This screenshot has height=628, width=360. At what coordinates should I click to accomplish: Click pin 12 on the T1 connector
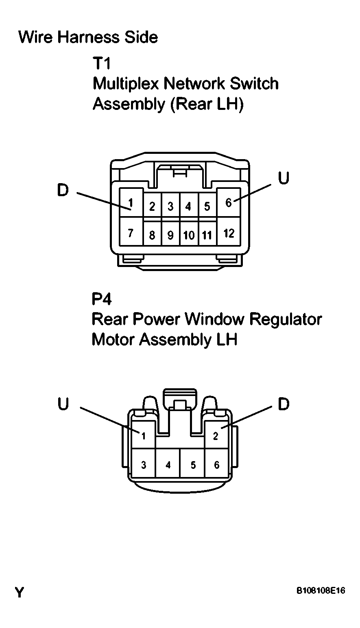(x=229, y=232)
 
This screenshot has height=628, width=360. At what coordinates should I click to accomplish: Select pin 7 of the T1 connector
(x=131, y=232)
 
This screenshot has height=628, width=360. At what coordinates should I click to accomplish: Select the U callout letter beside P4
(x=63, y=404)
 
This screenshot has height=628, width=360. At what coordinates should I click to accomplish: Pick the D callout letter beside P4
(x=284, y=404)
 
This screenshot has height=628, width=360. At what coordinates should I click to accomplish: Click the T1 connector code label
(x=101, y=63)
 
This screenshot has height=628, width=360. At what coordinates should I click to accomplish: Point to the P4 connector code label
(x=101, y=299)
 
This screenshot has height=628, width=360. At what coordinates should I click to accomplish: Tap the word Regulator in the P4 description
(x=286, y=319)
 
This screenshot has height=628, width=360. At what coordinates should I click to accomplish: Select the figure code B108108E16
(x=321, y=591)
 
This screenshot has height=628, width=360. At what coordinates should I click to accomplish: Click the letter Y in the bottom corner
(x=20, y=593)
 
